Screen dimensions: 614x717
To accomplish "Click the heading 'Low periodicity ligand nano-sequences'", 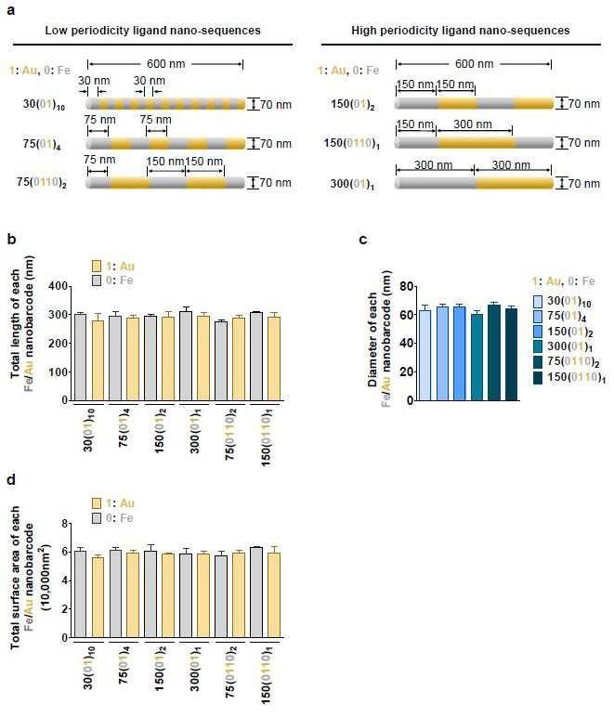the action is pyautogui.click(x=152, y=31).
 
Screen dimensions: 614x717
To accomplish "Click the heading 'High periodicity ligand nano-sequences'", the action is pyautogui.click(x=461, y=31).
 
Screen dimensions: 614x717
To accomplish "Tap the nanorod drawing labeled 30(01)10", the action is pyautogui.click(x=166, y=104).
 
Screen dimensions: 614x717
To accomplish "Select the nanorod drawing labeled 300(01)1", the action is pyautogui.click(x=474, y=183).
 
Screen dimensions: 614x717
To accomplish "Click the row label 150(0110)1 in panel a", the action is pyautogui.click(x=351, y=144).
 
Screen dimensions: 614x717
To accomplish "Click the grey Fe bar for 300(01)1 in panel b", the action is pyautogui.click(x=186, y=357).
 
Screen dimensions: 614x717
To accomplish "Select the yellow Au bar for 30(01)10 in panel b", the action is pyautogui.click(x=98, y=360).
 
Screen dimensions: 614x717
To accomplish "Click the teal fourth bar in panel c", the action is pyautogui.click(x=477, y=358).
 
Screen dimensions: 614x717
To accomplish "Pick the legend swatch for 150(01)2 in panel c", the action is pyautogui.click(x=538, y=332).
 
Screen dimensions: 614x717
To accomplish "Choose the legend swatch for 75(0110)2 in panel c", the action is pyautogui.click(x=538, y=361).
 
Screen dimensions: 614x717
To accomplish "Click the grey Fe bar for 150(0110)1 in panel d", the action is pyautogui.click(x=256, y=593).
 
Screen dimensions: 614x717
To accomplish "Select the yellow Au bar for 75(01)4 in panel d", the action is pyautogui.click(x=133, y=595).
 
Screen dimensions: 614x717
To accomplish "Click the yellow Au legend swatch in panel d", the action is pyautogui.click(x=97, y=503).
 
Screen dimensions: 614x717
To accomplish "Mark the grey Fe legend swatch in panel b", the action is pyautogui.click(x=97, y=280).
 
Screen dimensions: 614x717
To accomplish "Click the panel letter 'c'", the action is pyautogui.click(x=363, y=240).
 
